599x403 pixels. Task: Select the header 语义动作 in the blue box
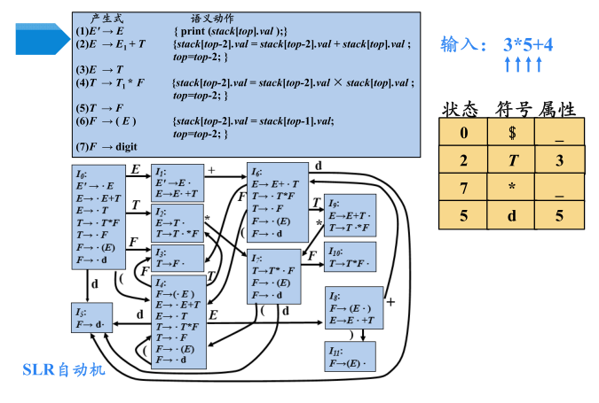click(x=212, y=18)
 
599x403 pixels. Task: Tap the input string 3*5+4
click(x=528, y=43)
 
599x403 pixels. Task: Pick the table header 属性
click(x=557, y=110)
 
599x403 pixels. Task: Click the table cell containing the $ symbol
click(x=511, y=134)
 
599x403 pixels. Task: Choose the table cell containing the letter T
click(x=511, y=161)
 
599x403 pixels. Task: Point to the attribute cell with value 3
click(x=559, y=161)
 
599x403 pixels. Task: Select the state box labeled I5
click(x=92, y=318)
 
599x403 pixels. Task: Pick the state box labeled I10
click(x=351, y=257)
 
